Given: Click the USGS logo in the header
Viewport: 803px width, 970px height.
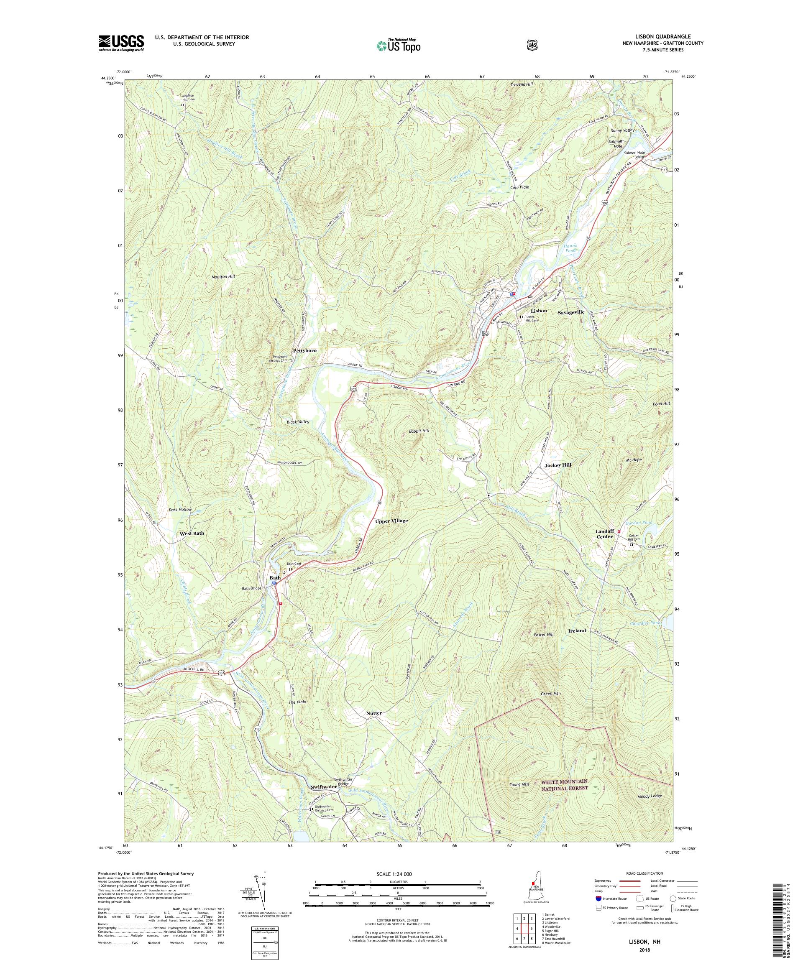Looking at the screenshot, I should tap(121, 43).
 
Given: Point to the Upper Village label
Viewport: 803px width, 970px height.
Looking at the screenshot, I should tap(391, 521).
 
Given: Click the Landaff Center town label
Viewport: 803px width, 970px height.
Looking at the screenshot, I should tap(604, 533).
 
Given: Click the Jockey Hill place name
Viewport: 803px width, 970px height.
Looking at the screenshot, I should tap(557, 465).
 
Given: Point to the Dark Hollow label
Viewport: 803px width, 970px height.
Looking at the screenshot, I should tap(180, 510).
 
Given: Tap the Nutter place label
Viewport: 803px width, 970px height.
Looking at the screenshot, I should tap(374, 713).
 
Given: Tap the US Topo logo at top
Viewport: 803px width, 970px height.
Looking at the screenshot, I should tap(399, 45).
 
